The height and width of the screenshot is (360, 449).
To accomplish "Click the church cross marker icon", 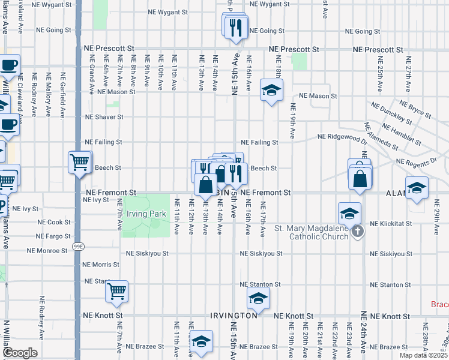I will pyautogui.click(x=358, y=231).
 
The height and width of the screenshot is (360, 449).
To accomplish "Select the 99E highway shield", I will pyautogui.click(x=77, y=246).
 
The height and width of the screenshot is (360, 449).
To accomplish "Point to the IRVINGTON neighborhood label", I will pyautogui.click(x=234, y=316).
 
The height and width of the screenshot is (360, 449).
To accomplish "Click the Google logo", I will pyautogui.click(x=19, y=353).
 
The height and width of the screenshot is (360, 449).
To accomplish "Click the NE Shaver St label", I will pyautogui.click(x=104, y=117).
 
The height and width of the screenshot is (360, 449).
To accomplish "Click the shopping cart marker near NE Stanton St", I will pyautogui.click(x=116, y=292).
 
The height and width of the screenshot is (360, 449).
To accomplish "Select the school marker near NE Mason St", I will pyautogui.click(x=271, y=91).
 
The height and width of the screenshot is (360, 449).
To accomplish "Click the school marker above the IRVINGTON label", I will pyautogui.click(x=258, y=298).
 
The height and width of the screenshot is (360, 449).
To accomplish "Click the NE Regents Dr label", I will pyautogui.click(x=416, y=161).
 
